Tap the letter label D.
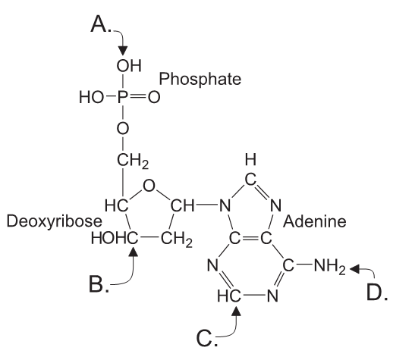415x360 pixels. click(x=377, y=291)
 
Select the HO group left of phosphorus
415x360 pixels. click(x=90, y=98)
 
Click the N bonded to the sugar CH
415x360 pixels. click(x=223, y=205)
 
